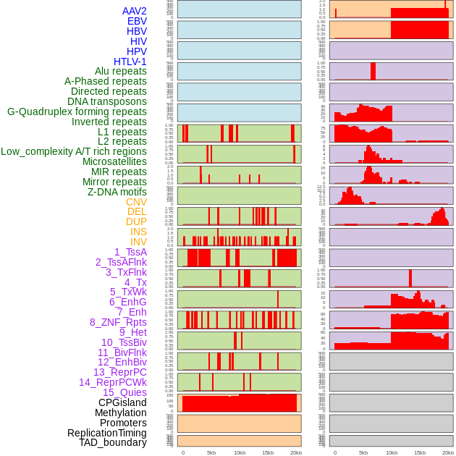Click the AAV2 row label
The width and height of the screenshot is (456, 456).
coord(135,11)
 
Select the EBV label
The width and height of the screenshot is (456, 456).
coord(137,21)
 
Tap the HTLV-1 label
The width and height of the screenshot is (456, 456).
coord(130,62)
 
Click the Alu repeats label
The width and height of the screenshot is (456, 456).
coord(121,71)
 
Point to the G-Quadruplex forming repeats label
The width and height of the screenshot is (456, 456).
coord(77,111)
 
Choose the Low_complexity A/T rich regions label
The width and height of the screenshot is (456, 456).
coord(74,151)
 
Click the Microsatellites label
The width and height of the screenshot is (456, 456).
coord(114,161)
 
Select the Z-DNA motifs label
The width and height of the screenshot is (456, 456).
coord(117,192)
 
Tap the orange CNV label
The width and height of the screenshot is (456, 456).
coord(136,202)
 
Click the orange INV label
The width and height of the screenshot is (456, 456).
coord(138,242)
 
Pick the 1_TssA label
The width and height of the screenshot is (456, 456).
coord(130,252)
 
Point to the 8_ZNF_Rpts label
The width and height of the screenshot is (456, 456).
coord(118,322)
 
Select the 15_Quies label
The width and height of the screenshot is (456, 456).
coord(124,392)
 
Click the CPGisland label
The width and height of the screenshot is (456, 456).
coord(122,402)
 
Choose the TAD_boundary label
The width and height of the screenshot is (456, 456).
coord(113,442)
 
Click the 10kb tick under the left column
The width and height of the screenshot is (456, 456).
coord(240,452)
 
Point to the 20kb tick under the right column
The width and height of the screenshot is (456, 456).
coord(448,452)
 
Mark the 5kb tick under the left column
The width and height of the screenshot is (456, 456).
coord(211,452)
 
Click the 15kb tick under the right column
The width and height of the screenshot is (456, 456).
coord(420,452)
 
